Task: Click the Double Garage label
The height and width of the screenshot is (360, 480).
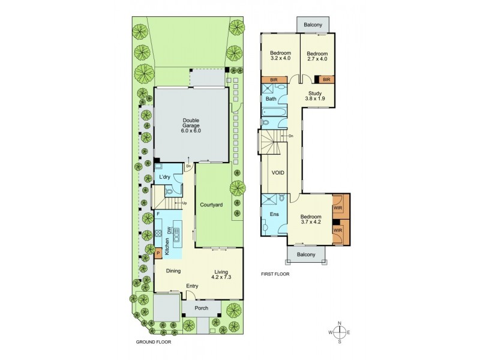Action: coord(191,126)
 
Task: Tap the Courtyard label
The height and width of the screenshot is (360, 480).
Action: coord(211,205)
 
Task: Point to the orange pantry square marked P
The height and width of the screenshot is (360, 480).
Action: coord(158,253)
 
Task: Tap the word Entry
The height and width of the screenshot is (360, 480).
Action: coord(193,286)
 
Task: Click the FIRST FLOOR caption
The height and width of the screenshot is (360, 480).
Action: coord(275,274)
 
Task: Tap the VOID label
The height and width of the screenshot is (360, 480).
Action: coord(278,173)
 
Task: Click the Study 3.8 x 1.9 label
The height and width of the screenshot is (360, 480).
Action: coord(315,96)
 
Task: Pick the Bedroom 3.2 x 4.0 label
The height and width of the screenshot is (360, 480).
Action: coord(280,55)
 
